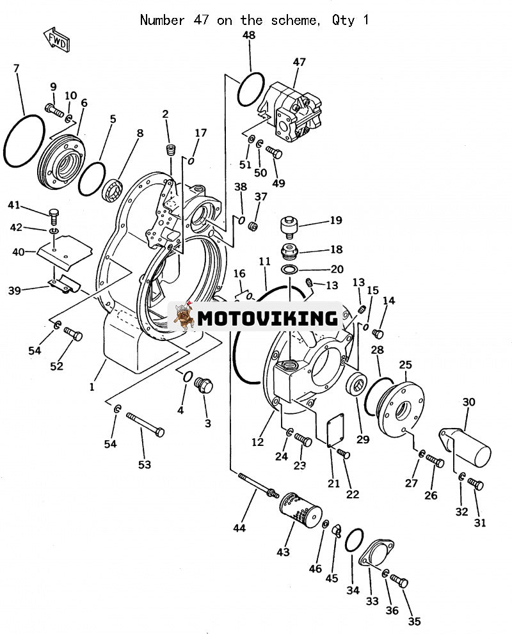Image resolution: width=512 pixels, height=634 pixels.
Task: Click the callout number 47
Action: (299, 62)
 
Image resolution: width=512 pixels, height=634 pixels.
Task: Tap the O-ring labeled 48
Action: (250, 89)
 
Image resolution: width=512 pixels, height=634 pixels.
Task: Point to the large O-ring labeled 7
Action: (24, 139)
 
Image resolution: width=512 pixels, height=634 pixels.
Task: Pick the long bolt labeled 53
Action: (146, 425)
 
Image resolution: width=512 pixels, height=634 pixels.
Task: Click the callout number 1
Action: (92, 386)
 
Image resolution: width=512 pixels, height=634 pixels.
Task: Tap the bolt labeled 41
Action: (54, 212)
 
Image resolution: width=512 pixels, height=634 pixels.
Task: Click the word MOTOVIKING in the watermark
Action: (268, 318)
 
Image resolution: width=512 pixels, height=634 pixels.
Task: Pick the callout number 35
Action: (415, 621)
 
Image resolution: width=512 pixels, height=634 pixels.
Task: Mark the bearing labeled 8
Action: (115, 190)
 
